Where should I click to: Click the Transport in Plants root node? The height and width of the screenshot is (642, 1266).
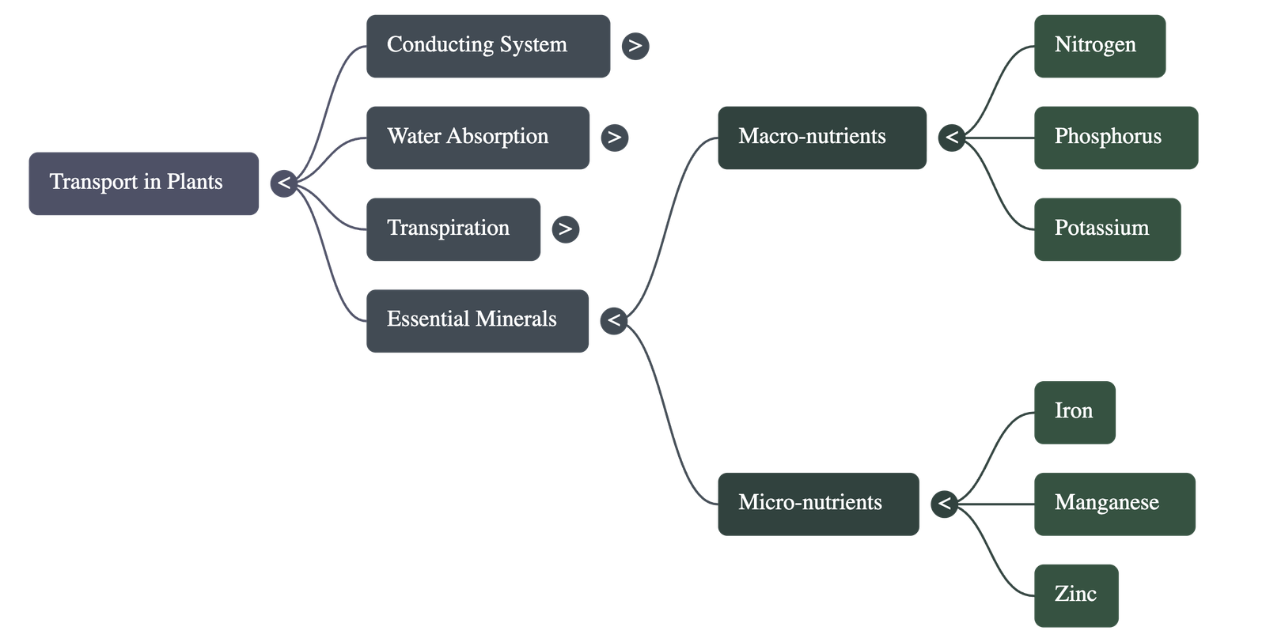coord(143,183)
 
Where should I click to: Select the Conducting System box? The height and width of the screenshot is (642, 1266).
coord(487,46)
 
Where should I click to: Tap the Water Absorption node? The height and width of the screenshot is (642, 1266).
coord(477,138)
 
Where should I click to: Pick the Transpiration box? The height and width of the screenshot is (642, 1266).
coord(453,229)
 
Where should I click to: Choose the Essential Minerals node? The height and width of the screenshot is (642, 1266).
coord(477,320)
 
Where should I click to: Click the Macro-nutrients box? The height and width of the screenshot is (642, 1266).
coord(821,138)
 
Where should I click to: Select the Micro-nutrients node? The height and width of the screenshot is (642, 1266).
coord(817,504)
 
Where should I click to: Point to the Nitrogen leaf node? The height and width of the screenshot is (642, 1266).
coord(1099,46)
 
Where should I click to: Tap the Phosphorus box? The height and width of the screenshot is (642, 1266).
coord(1115,138)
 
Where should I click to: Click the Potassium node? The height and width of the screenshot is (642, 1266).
coord(1106,229)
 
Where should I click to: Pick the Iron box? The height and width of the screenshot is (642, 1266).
coord(1074,412)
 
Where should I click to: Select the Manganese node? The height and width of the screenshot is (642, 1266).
coord(1114,504)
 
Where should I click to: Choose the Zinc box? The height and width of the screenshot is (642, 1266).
coord(1075,595)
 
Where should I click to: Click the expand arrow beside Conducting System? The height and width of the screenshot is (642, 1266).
coord(635,46)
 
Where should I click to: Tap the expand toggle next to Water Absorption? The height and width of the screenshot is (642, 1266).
coord(614,138)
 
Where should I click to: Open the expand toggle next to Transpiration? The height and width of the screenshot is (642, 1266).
coord(565,229)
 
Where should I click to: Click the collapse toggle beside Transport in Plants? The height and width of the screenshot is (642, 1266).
coord(283,183)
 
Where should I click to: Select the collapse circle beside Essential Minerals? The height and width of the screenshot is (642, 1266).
coord(613,320)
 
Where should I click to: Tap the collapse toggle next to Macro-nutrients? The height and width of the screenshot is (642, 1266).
coord(951,138)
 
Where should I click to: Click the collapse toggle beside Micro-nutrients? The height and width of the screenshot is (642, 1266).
coord(944,504)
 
